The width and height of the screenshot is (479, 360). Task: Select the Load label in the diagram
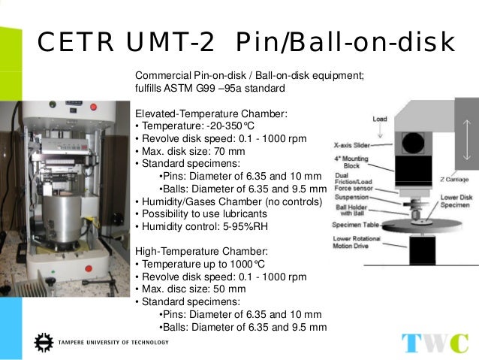coord(380,119)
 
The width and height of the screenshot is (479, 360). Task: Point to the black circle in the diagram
coord(411,142)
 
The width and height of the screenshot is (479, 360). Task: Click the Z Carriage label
coord(456,180)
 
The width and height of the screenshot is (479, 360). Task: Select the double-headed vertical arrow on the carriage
coord(467,138)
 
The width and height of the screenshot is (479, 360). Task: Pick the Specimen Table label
coord(355,225)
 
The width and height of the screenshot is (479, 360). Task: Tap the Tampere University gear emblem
coord(43,343)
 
